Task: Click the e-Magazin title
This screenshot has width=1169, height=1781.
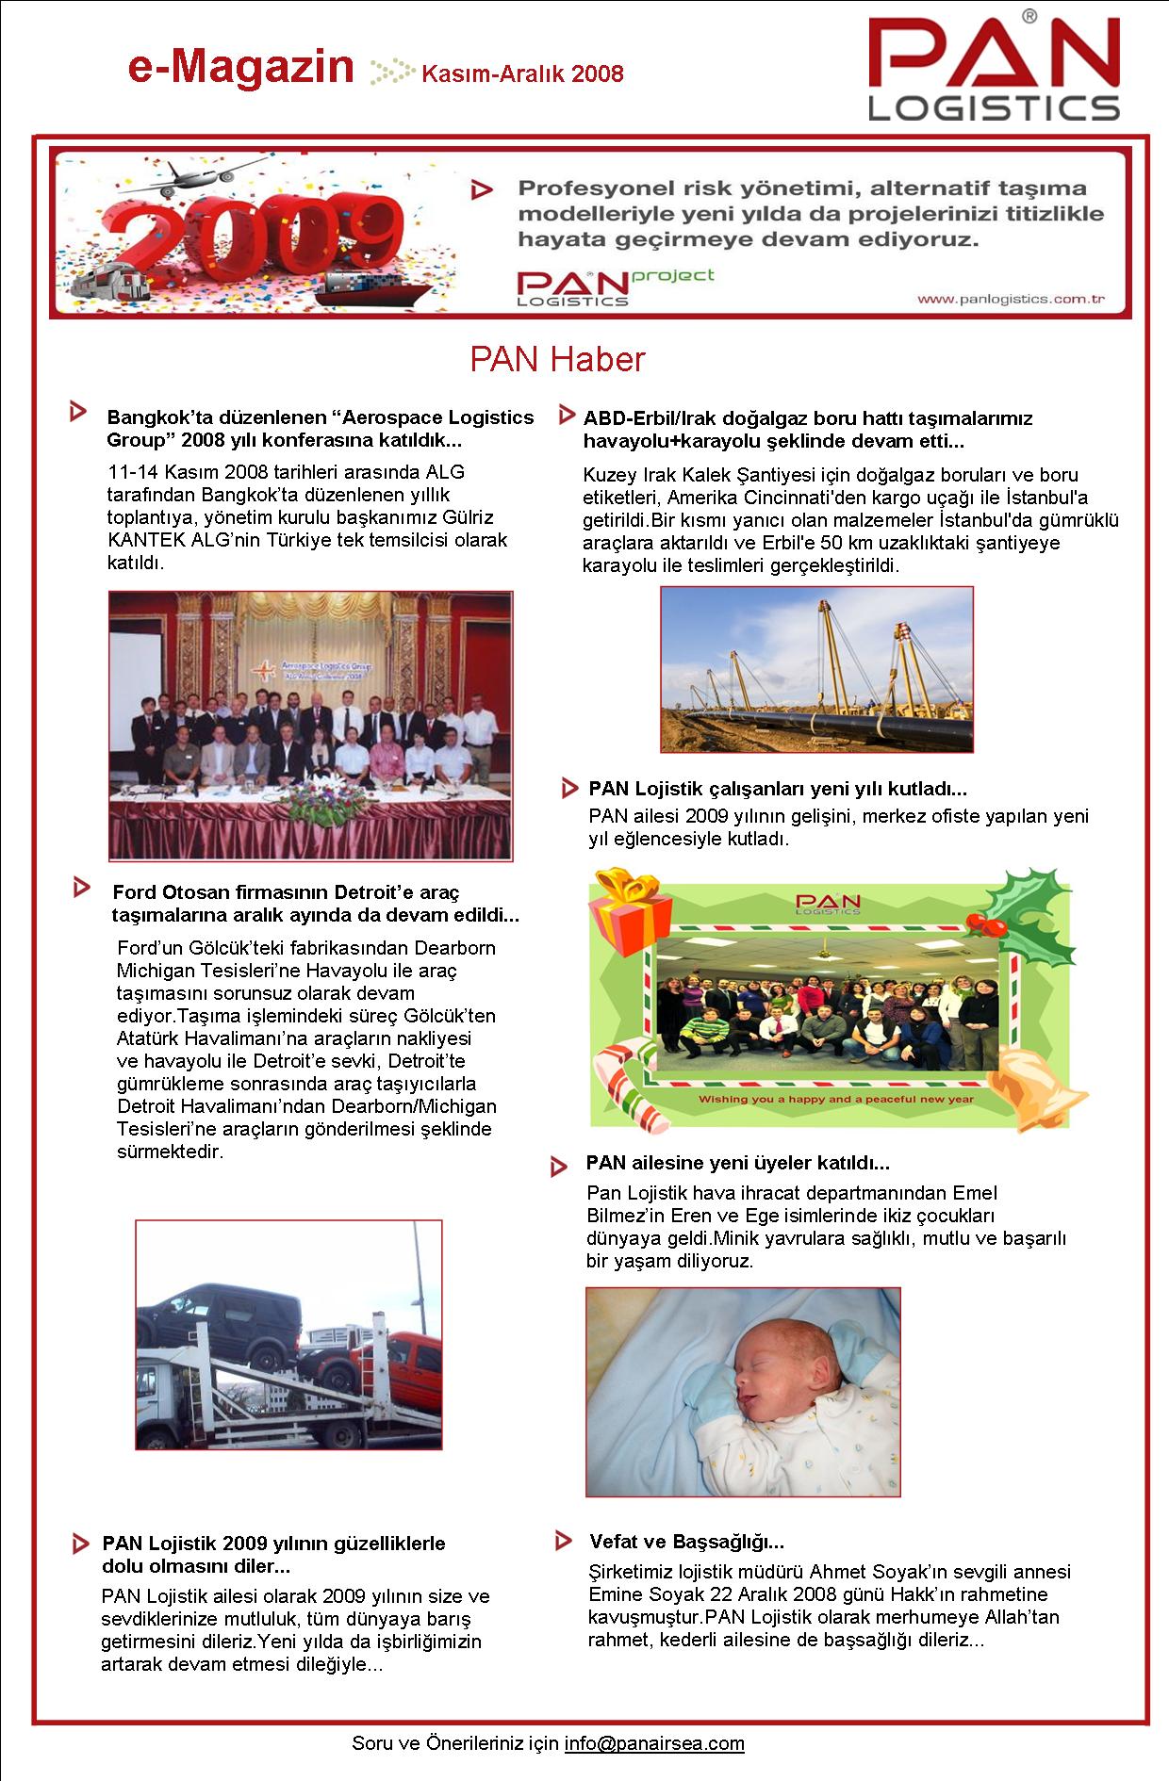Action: [241, 68]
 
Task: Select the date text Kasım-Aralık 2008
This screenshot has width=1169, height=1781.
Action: [522, 74]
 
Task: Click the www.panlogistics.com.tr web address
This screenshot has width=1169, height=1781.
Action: [1011, 299]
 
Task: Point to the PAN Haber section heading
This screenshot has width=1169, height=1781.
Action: [557, 359]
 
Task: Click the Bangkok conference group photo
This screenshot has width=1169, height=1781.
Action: [310, 725]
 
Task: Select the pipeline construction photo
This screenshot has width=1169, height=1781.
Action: [816, 669]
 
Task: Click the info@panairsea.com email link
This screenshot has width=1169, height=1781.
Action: [654, 1743]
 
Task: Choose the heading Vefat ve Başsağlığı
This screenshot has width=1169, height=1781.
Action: [686, 1542]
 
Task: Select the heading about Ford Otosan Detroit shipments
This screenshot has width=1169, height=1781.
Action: [315, 903]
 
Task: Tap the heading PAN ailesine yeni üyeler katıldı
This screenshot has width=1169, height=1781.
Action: [737, 1163]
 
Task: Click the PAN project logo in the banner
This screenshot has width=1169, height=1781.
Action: [613, 286]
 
